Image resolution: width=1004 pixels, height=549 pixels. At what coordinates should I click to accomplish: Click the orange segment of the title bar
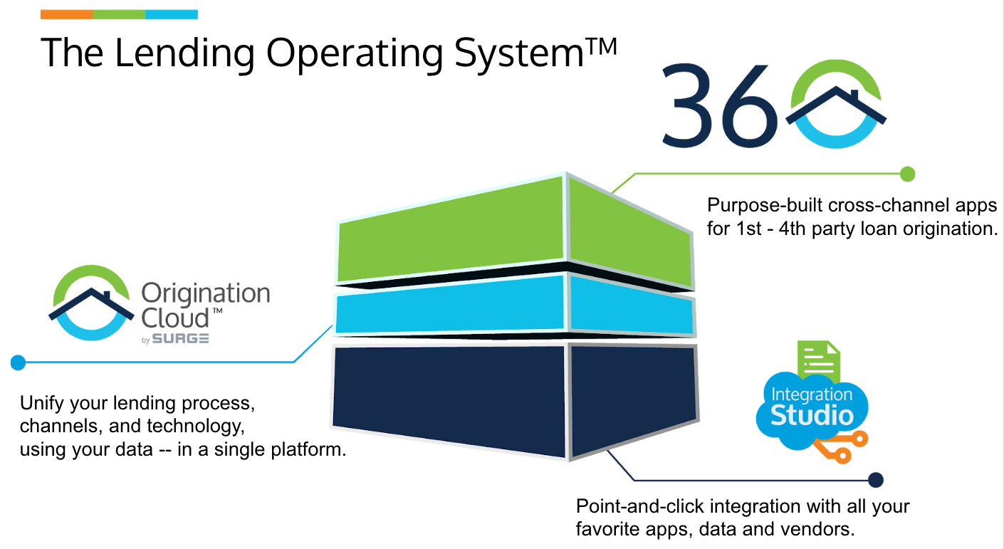pos(67,14)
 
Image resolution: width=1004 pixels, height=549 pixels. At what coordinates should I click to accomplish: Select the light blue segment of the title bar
pos(172,14)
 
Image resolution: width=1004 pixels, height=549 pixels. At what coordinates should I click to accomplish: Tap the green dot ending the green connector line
pos(907,174)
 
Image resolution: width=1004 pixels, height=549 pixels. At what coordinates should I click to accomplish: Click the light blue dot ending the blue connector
pos(19,362)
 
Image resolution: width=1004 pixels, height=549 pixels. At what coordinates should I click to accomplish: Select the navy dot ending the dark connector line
pos(876,480)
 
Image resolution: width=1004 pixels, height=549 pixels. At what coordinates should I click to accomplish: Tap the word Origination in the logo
pos(206,294)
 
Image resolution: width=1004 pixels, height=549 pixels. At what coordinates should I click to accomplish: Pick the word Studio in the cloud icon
pos(812,415)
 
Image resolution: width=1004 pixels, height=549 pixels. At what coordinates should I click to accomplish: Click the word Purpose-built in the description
pos(765,206)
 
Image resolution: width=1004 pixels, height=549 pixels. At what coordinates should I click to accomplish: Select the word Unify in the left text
pos(42,403)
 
